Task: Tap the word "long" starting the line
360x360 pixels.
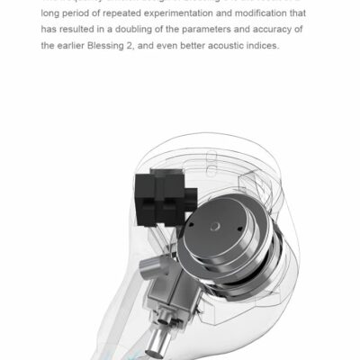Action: coord(49,13)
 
